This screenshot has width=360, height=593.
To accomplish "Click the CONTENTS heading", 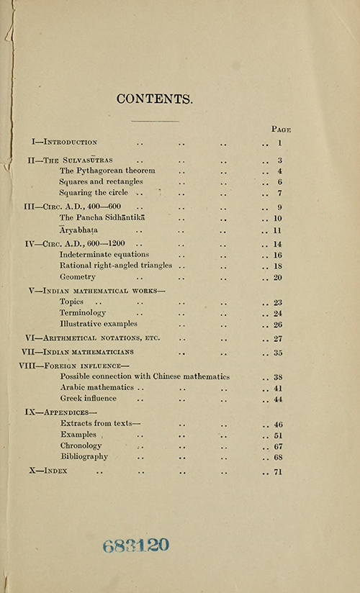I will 155,99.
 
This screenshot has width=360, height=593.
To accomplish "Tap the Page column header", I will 280,130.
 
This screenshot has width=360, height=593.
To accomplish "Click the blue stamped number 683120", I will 136,545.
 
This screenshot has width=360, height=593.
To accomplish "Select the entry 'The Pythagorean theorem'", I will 107,171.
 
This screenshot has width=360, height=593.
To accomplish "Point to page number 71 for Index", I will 278,471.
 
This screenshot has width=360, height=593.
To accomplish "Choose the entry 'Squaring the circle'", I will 94,193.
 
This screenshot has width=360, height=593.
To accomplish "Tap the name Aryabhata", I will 79,230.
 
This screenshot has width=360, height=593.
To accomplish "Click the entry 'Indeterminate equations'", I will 104,255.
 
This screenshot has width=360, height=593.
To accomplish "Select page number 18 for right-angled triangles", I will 278,266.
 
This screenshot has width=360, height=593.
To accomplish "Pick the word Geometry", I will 77,277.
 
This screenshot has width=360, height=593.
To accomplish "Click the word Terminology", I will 83,313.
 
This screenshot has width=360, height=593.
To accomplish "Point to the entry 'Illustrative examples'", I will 99,324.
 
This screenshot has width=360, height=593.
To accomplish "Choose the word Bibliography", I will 84,456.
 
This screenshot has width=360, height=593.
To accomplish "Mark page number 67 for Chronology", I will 278,446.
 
